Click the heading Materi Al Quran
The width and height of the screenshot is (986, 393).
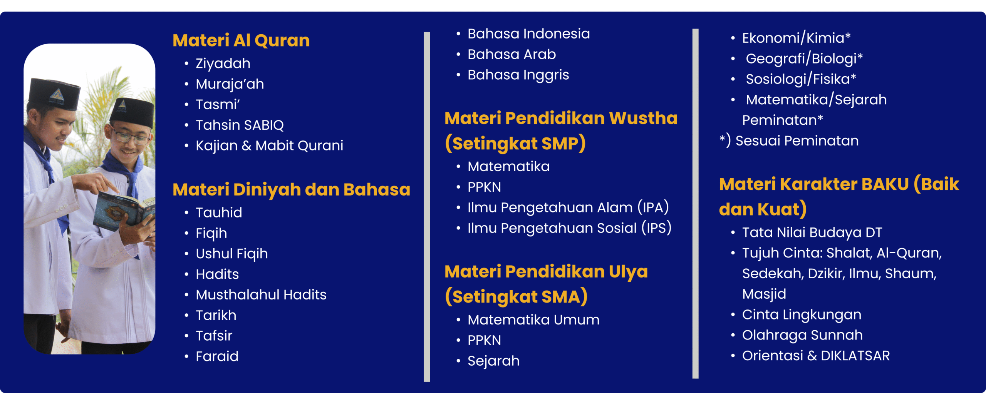click(x=241, y=40)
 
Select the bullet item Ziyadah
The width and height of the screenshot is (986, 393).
click(x=223, y=64)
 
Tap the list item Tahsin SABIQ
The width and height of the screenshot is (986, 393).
click(x=240, y=125)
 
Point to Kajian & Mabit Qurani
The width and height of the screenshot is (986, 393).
click(x=269, y=145)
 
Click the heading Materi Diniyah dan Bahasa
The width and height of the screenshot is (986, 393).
click(x=292, y=189)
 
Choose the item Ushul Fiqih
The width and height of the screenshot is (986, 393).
click(x=231, y=254)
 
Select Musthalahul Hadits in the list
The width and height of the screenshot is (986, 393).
click(x=261, y=295)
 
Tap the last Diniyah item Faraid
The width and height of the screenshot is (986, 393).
click(x=217, y=356)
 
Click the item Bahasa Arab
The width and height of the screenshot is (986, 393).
click(x=511, y=54)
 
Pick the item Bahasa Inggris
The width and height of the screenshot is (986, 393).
click(x=518, y=75)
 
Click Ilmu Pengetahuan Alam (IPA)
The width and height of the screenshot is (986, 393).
click(x=568, y=207)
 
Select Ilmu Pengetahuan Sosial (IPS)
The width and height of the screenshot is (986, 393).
click(x=570, y=228)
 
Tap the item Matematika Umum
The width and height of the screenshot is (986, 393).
click(x=533, y=320)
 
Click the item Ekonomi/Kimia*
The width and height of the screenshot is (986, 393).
click(x=797, y=38)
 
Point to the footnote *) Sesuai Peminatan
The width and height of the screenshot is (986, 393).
click(x=789, y=141)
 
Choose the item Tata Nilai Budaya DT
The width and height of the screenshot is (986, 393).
click(x=812, y=232)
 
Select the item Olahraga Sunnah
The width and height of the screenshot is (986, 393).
click(x=802, y=335)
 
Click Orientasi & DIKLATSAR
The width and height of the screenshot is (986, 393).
click(x=816, y=356)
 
